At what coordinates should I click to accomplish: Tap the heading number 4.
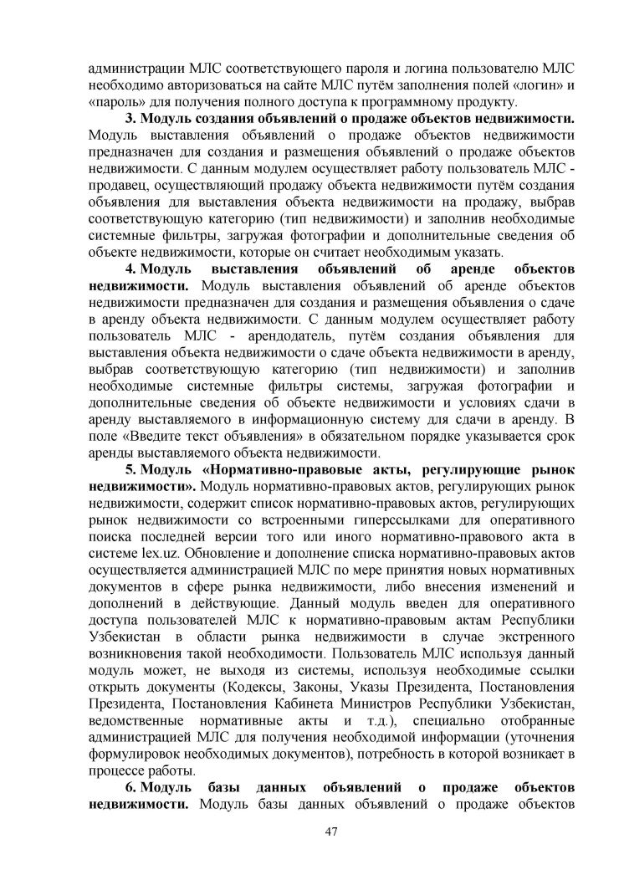pyautogui.click(x=130, y=270)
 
